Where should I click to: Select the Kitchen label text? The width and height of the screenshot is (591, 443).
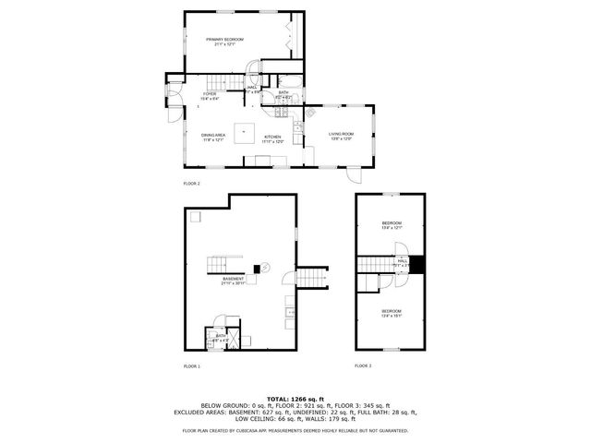[272, 138]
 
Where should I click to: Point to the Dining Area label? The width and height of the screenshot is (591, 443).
[214, 138]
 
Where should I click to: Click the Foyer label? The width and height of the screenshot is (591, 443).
[211, 95]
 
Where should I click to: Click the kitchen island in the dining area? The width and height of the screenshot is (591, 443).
[244, 130]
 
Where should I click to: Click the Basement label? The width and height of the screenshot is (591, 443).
[233, 281]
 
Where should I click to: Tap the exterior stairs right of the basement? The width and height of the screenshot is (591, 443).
[315, 279]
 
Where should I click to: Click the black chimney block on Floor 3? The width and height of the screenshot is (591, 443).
[417, 264]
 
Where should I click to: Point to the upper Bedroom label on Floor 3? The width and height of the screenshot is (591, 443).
[392, 225]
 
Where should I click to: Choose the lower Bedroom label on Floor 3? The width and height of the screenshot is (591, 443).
[392, 312]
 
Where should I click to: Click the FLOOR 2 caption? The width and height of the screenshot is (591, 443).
[191, 184]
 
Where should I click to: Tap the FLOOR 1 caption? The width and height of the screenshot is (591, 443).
[191, 365]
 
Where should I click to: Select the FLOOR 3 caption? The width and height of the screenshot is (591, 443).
[363, 365]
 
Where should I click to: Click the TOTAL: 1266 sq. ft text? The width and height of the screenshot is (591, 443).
[295, 396]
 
